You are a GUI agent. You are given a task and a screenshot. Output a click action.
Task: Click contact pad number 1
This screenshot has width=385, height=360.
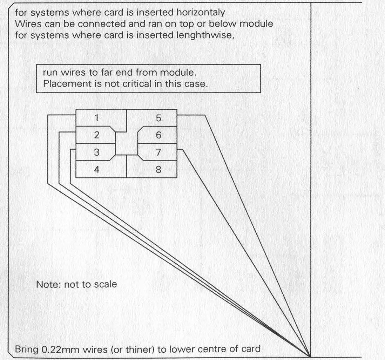96,118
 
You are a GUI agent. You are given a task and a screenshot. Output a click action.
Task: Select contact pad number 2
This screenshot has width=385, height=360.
96,135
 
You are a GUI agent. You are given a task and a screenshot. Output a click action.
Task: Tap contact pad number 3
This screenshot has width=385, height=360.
96,152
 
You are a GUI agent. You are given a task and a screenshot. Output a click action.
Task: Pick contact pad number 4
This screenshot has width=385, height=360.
96,170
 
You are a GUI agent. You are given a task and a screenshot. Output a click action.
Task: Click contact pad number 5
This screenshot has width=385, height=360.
158,118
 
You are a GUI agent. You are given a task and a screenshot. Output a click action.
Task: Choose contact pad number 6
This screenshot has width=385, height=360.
158,135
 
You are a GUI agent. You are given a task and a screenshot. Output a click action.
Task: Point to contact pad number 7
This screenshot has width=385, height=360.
158,152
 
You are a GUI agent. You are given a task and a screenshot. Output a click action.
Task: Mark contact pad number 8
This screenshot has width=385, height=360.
158,170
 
